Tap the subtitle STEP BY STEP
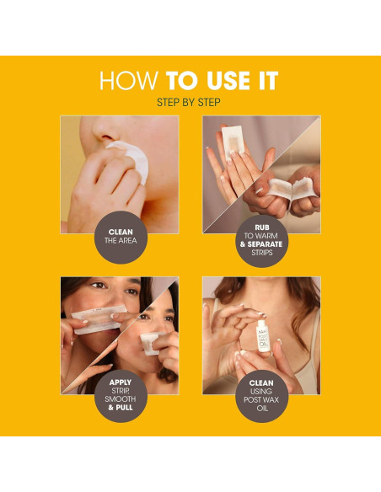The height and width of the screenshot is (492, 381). [x=190, y=102]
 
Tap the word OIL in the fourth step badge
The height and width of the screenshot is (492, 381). [x=260, y=414]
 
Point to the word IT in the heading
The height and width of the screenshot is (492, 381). [x=265, y=82]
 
